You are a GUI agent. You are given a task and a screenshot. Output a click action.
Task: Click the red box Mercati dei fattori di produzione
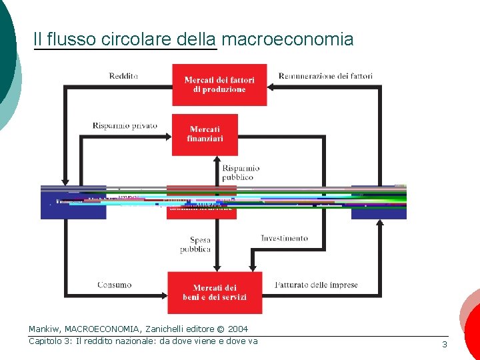219,85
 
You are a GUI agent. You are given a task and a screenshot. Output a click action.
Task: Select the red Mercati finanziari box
205,134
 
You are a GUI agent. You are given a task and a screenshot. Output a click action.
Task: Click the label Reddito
123,76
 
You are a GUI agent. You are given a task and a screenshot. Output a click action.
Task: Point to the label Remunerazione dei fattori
325,76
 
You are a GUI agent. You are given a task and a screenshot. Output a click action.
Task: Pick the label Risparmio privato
125,125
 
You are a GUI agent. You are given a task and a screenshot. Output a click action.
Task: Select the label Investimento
284,238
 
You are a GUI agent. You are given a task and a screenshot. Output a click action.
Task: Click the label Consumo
114,285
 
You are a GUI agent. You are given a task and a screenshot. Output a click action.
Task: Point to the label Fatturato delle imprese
316,285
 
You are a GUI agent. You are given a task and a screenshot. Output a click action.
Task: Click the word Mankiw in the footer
44,329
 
